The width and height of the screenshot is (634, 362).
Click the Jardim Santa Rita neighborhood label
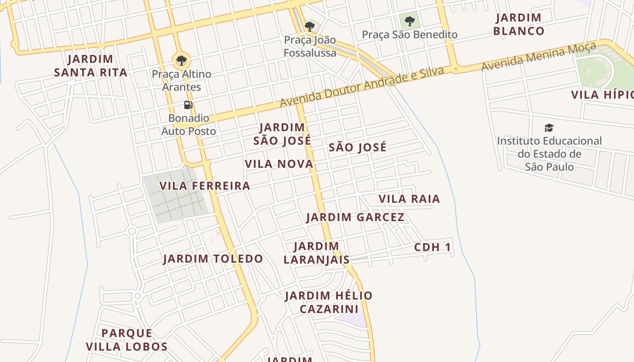(91, 66)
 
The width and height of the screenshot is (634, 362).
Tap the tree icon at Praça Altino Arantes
(181, 60)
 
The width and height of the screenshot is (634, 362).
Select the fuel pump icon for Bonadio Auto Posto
(188, 105)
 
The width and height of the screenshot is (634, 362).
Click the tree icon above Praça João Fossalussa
(310, 26)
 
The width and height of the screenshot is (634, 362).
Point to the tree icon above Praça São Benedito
(409, 21)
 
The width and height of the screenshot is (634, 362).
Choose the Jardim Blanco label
(519, 24)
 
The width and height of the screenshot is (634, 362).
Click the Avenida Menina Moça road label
(532, 57)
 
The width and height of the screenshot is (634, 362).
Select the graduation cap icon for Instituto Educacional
(549, 128)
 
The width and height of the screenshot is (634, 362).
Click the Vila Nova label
(279, 164)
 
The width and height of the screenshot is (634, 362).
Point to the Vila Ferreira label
(205, 186)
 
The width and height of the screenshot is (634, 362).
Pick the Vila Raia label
(409, 199)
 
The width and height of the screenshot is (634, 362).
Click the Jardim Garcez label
(355, 217)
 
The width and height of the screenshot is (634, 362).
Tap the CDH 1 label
(432, 248)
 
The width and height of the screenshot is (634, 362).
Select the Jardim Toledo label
(213, 259)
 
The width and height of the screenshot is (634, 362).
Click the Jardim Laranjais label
(317, 253)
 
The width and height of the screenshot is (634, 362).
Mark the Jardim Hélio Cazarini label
(328, 302)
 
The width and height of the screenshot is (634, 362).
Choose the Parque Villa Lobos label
(127, 340)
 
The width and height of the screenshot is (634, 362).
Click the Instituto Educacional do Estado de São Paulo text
(549, 154)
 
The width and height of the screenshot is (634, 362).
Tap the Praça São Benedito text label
(409, 34)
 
